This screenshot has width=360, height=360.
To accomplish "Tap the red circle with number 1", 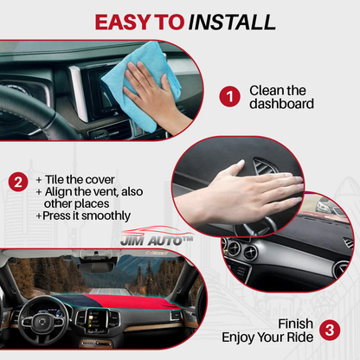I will pyautogui.click(x=228, y=96).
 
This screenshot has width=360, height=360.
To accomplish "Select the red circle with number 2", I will pyautogui.click(x=16, y=183).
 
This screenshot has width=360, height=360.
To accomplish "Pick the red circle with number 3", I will pyautogui.click(x=329, y=329).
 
